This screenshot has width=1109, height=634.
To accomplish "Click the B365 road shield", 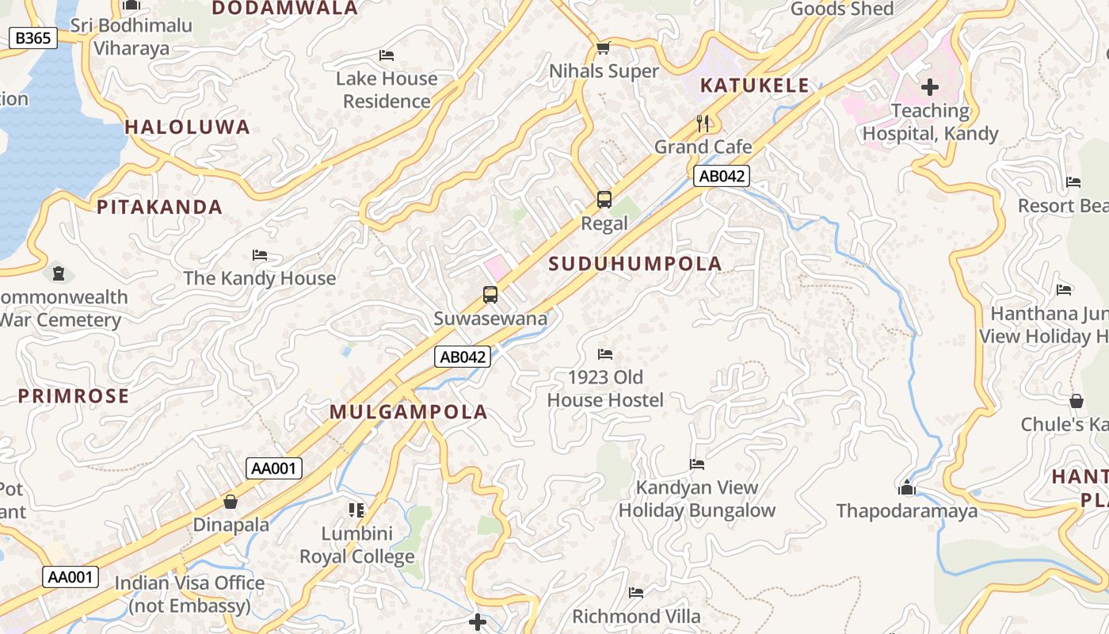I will (x=33, y=37).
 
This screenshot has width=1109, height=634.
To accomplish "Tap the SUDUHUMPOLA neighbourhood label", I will (x=635, y=264).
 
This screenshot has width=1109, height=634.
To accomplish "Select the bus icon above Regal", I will (x=604, y=200).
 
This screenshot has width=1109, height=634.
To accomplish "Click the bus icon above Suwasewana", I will (x=490, y=295).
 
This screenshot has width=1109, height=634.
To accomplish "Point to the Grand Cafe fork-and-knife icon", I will (x=703, y=123).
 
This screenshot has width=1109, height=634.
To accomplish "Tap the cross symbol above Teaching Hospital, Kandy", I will (x=930, y=86).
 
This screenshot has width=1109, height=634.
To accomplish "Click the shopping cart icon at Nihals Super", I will (x=604, y=48).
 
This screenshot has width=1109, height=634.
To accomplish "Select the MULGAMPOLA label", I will (x=408, y=412).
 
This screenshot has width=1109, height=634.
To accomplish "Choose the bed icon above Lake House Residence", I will (x=387, y=55).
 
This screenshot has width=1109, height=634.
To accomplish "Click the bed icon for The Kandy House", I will (x=260, y=254).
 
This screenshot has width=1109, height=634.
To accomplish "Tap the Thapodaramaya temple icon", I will (x=907, y=487).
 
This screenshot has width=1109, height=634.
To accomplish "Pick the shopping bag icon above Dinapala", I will (x=231, y=502).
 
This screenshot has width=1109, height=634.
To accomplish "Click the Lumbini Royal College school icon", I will (x=356, y=510).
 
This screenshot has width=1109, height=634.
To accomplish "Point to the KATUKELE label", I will (x=754, y=86).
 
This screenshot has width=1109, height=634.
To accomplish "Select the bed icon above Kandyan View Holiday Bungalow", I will (x=697, y=464).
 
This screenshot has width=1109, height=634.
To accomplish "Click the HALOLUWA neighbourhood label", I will (x=187, y=127).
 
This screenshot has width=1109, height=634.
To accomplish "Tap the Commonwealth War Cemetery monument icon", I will (x=59, y=273).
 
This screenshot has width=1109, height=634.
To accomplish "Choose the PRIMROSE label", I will (x=73, y=396).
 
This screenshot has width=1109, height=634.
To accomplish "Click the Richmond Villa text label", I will (x=636, y=617).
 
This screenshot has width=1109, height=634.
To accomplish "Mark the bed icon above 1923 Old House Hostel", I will (x=605, y=353).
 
